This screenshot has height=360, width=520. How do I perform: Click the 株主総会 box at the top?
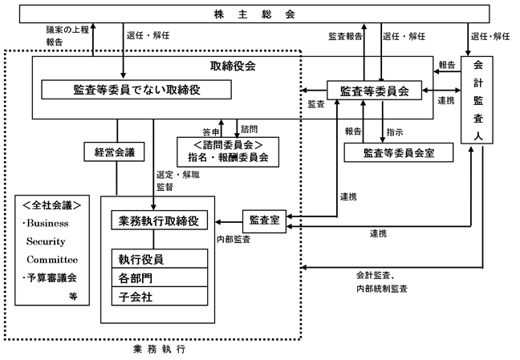tap(259, 14)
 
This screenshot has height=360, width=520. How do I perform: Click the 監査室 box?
tap(265, 219)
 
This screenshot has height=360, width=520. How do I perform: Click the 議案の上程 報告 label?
tap(67, 36)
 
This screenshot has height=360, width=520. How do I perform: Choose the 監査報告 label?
tap(345, 37)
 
